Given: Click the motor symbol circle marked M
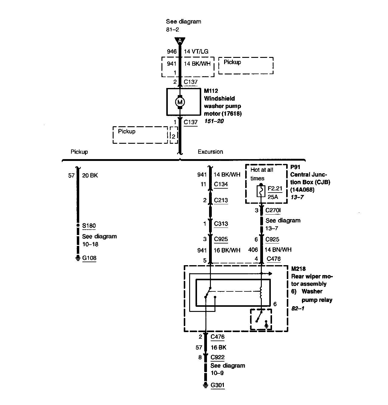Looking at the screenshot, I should click(x=180, y=102).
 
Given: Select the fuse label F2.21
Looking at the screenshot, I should click(x=275, y=189).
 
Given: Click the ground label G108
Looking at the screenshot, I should click(x=89, y=258).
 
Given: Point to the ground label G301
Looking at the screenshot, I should click(x=218, y=385).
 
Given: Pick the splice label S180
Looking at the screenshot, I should click(x=89, y=226).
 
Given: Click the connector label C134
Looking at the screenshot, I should click(x=221, y=184).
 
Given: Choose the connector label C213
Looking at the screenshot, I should click(x=221, y=200).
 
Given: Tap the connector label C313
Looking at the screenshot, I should click(x=221, y=224).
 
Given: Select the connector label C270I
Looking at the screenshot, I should click(x=273, y=210).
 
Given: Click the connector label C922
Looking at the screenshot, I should click(x=217, y=357).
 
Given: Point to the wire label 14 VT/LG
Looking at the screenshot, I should click(x=196, y=52).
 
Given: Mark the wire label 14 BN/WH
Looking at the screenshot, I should click(x=278, y=250).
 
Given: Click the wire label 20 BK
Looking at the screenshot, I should click(x=90, y=175).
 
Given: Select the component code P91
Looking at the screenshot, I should click(x=295, y=167).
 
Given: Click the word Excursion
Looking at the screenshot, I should click(x=210, y=152).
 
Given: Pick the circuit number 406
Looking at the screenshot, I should click(x=253, y=250).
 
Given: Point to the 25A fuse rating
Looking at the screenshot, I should click(x=273, y=197).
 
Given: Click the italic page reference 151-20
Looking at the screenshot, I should click(x=214, y=121).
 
